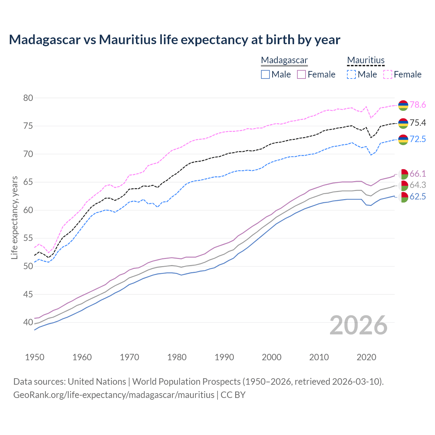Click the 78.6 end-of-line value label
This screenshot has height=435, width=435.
[x=418, y=105]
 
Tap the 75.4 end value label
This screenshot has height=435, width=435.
[x=418, y=123]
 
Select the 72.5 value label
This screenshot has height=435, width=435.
[x=418, y=139]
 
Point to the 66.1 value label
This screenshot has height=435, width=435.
[x=418, y=174]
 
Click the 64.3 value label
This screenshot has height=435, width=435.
[x=418, y=185]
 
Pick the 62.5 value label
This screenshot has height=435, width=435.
[x=418, y=197]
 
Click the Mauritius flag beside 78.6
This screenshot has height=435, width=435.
[x=403, y=105]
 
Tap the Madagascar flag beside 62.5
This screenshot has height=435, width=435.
[x=403, y=197]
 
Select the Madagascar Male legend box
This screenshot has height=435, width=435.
[x=265, y=74]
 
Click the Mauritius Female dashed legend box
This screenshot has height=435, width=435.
[x=388, y=74]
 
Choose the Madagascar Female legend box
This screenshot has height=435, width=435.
[x=301, y=74]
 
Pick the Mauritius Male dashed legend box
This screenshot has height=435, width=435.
[x=351, y=74]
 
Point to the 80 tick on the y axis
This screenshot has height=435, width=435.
[x=28, y=98]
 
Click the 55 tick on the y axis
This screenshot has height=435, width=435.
[x=28, y=238]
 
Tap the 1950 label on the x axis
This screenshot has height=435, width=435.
[x=35, y=357]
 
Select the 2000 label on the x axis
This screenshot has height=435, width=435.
[x=272, y=357]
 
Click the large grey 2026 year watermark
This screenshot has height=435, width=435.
[x=359, y=326]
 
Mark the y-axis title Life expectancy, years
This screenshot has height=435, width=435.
[x=15, y=217]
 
